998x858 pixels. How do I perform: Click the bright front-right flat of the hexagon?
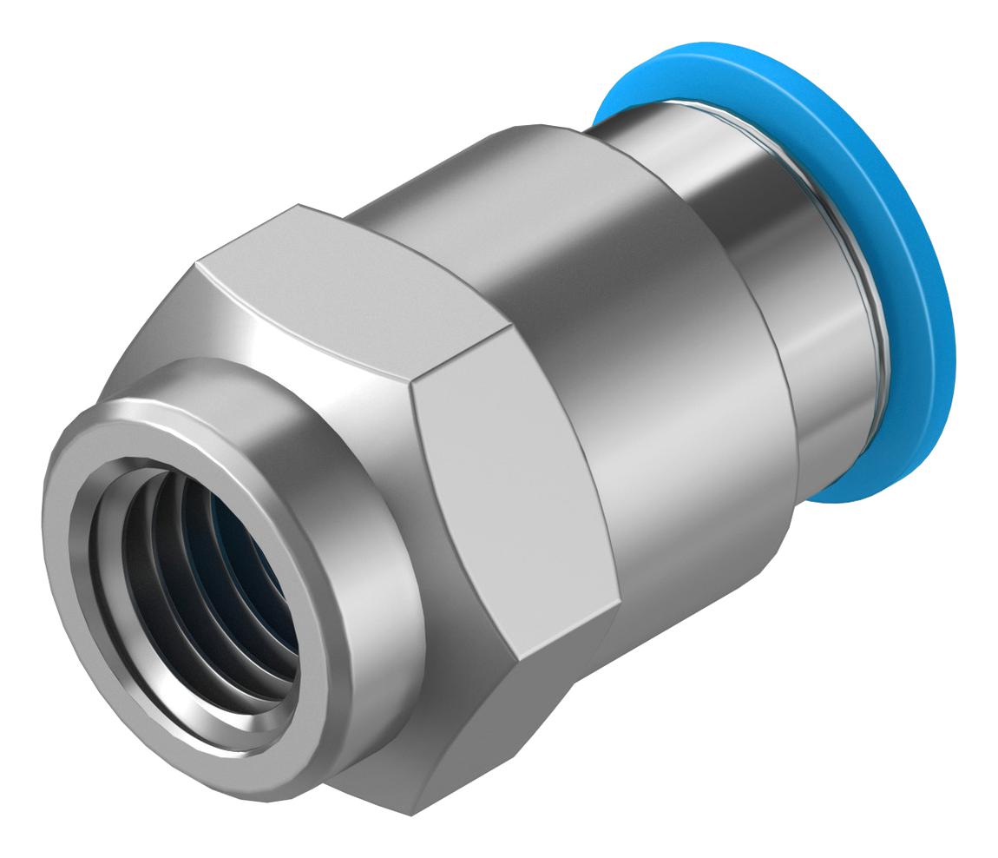coord(512,486)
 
